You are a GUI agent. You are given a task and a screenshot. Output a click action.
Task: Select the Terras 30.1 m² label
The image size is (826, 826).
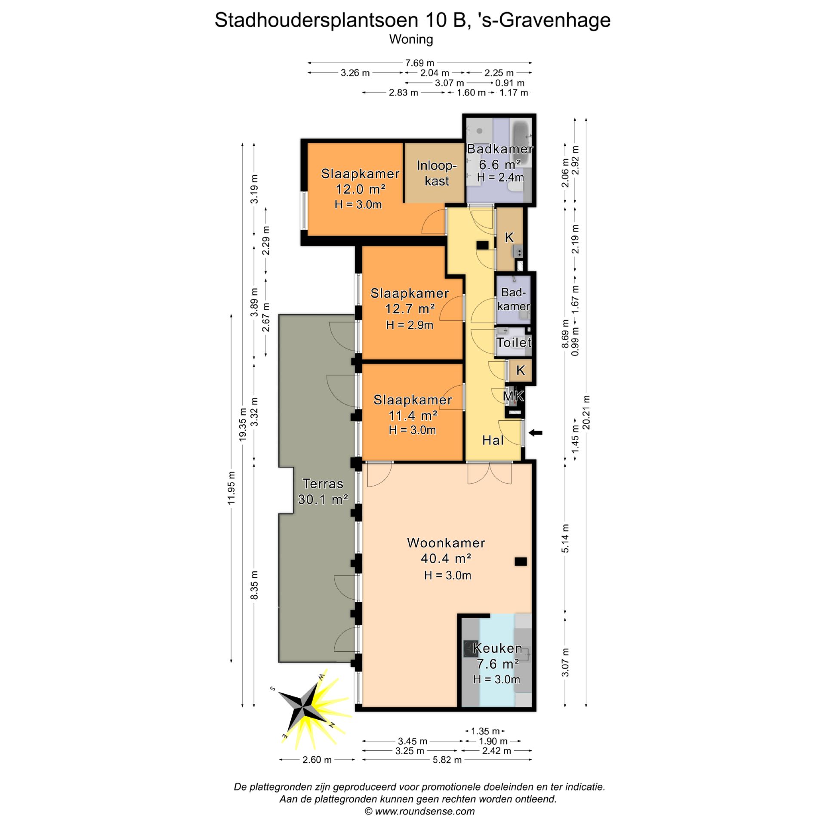tap(323, 491)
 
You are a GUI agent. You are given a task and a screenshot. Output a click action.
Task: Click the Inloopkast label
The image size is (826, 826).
tap(436, 173)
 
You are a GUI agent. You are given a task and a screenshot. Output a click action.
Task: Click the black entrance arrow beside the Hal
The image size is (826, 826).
tap(536, 433)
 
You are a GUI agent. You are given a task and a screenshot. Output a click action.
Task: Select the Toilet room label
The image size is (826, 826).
tap(514, 342)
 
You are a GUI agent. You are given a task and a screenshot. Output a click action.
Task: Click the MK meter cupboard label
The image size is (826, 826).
tap(513, 396)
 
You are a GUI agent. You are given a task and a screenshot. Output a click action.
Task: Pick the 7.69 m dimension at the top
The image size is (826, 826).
tap(419, 63)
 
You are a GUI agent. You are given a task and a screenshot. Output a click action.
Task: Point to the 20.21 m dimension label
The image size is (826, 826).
tap(586, 412)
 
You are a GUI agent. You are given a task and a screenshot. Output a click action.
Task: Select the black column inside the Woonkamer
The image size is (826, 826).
tap(521, 561)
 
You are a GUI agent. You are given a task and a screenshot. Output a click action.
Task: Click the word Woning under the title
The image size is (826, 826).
tap(411, 40)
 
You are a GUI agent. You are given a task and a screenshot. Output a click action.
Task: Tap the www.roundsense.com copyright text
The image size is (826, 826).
tap(419, 811)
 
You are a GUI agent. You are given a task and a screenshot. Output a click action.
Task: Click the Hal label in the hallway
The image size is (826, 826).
tap(493, 440)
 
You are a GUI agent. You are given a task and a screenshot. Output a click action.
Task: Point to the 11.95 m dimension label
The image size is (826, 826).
tap(232, 488)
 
